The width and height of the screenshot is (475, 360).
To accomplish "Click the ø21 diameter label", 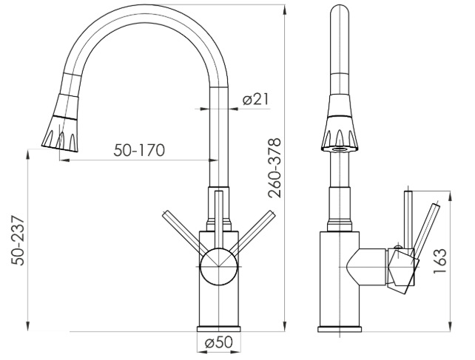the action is tap(256, 99).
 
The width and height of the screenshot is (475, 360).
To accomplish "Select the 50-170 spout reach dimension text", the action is tap(139, 150).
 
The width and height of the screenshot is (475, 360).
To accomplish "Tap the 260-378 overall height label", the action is tap(274, 168).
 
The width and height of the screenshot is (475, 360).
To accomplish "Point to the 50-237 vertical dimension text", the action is tap(18, 240).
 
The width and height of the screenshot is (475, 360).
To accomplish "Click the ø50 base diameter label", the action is tap(219, 342).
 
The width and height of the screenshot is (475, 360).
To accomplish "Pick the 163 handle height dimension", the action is tap(440, 261).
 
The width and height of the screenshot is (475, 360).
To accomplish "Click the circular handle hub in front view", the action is tap(218, 267).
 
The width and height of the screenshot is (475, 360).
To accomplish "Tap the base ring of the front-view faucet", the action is tap(218, 329).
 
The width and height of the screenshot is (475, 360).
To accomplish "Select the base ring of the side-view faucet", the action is tap(340, 329).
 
